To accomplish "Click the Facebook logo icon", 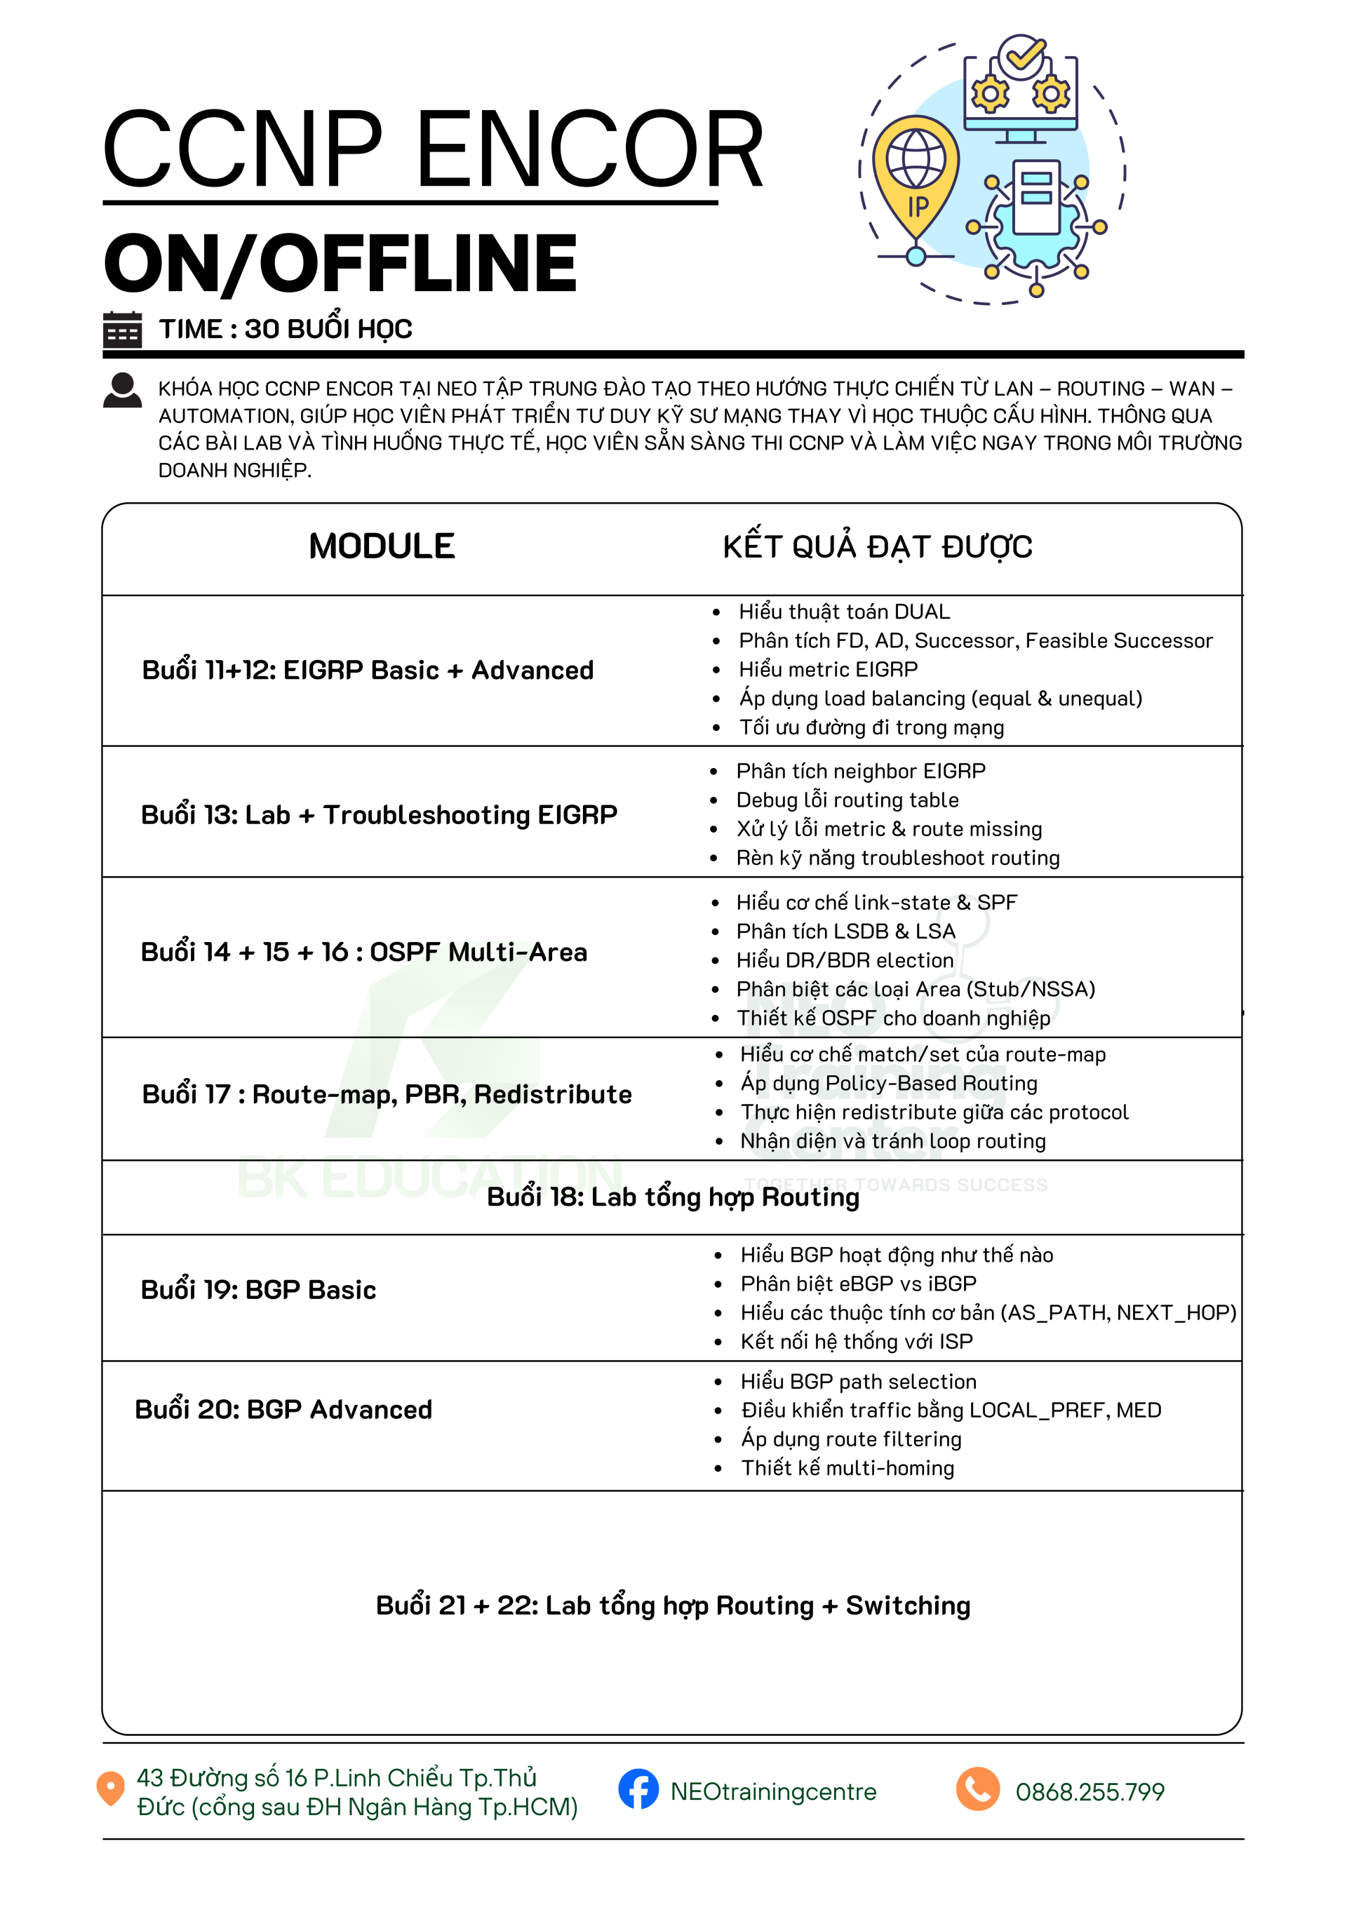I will [638, 1790].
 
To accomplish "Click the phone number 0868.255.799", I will [1090, 1792].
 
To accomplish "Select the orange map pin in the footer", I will [110, 1788].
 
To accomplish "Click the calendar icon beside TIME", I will [122, 330].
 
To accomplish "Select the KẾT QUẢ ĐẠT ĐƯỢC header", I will [877, 548].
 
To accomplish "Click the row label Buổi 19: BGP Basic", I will [258, 1290].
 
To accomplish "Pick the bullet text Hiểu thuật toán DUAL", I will [844, 612].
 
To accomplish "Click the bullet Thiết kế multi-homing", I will [847, 1469].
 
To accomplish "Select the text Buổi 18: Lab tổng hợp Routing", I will [673, 1197].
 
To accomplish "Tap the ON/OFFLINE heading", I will [340, 264].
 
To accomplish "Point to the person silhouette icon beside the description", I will [122, 390].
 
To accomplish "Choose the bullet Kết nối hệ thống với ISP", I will [857, 1342].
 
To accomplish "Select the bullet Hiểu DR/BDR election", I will [845, 961].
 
